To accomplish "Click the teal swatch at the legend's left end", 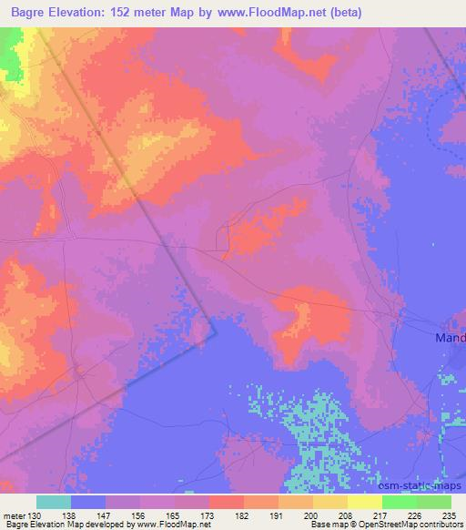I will pos(54,502).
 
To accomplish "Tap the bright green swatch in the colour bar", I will pos(399,502).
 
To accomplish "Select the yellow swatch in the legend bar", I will pos(363,502).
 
